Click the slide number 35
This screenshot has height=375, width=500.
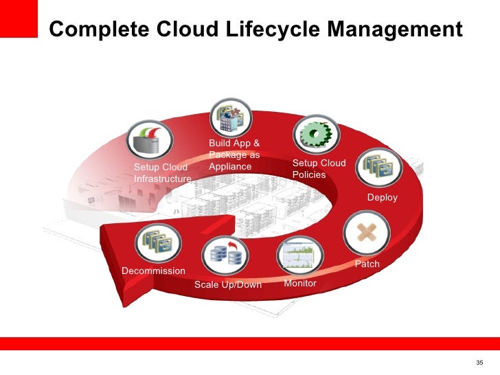click(479, 363)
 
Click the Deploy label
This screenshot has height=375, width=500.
click(383, 198)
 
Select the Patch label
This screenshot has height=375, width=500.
click(367, 264)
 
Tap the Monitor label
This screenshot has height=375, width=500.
click(300, 283)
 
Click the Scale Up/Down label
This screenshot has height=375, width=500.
click(228, 284)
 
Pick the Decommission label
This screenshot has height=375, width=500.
click(153, 271)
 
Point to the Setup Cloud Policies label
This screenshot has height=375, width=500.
click(319, 169)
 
